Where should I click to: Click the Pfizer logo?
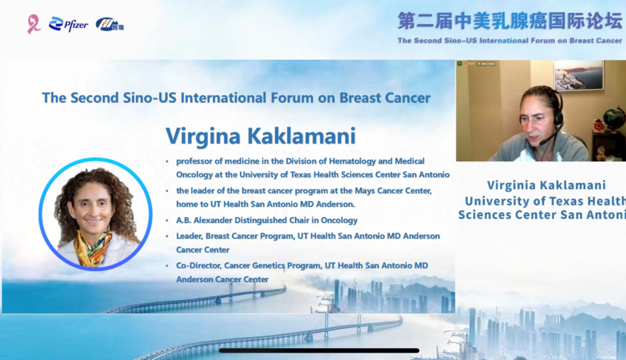click(x=68, y=25)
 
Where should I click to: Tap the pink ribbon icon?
click(x=34, y=24)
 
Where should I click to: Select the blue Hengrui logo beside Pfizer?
click(x=110, y=25)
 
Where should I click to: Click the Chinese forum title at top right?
click(x=510, y=21)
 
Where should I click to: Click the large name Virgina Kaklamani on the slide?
click(x=261, y=136)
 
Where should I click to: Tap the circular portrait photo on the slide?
click(x=96, y=214)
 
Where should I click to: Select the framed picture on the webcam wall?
click(x=578, y=75)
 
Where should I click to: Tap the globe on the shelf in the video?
click(x=614, y=118)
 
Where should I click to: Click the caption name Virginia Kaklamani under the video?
click(x=546, y=185)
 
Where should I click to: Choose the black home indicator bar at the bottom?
click(x=319, y=351)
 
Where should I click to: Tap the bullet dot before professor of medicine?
click(x=168, y=162)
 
